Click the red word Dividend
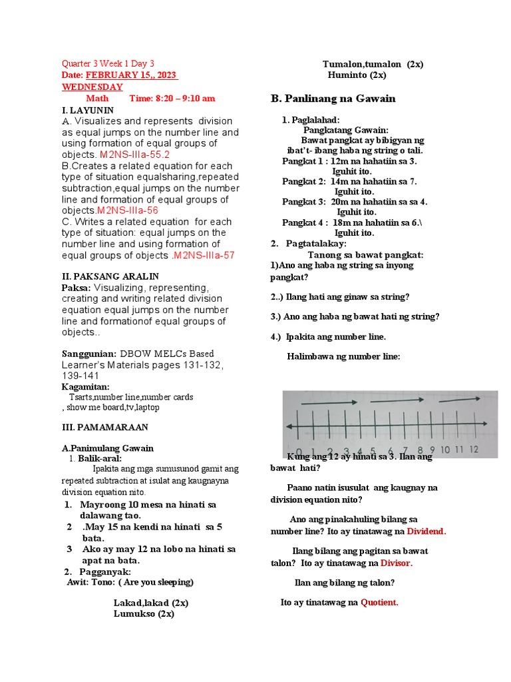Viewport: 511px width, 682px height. coord(426,531)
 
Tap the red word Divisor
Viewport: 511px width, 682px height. coord(397,563)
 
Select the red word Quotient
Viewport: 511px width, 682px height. coord(379,602)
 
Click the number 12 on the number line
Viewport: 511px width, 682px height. coord(473,450)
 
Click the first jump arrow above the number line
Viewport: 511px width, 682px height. coord(329,402)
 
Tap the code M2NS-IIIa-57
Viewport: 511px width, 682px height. coord(203,255)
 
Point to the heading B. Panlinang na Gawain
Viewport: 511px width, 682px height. coord(333,99)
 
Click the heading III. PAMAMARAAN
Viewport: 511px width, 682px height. coord(104,426)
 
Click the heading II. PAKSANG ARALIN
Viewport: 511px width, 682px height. coord(110,276)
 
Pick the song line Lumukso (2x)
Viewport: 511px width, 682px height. coord(144,613)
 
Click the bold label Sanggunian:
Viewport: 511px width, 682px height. coord(89,354)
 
